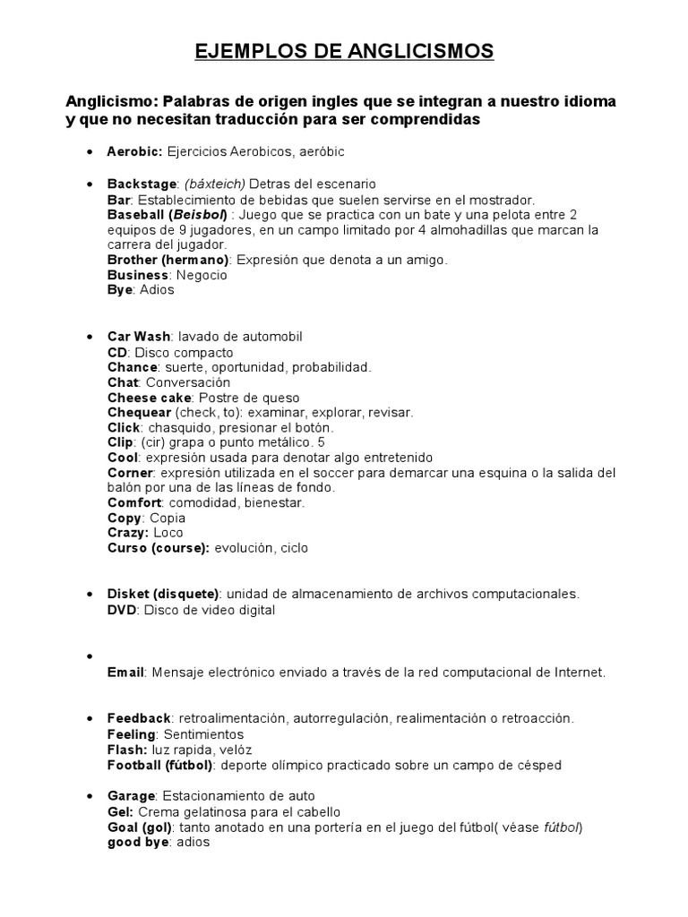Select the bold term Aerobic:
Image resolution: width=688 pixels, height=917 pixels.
point(134,153)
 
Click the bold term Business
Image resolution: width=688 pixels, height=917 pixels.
point(138,275)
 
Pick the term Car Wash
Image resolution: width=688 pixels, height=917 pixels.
point(139,337)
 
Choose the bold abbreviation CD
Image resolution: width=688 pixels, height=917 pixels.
point(117,352)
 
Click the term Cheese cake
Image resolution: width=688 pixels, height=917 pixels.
point(149,398)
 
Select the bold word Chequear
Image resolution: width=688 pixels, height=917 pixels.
point(139,413)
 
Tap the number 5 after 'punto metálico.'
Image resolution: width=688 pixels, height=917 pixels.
point(322,443)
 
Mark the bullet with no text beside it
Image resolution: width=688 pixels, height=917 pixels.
point(90,656)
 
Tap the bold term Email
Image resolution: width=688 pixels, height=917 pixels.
point(125,672)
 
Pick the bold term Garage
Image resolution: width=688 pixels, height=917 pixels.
point(132,796)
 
